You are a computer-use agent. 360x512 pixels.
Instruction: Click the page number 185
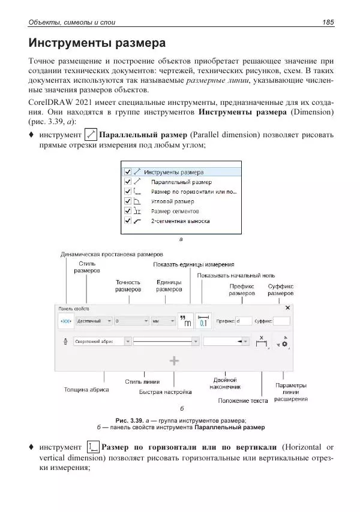coord(328,23)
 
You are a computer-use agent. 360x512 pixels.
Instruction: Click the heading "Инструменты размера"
coord(97,44)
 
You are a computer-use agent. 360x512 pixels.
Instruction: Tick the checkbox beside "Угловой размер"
coord(127,201)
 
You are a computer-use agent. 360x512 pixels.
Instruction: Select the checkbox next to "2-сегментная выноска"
coord(127,221)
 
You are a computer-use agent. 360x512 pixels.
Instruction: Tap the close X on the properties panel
coord(287,308)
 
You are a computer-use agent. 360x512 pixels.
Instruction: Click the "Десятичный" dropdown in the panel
coord(95,321)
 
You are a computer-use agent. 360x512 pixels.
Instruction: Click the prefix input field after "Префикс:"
coord(244,321)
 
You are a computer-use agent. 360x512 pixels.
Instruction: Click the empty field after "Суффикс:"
coord(281,321)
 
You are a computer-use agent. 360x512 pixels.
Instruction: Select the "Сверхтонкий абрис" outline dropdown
coord(102,341)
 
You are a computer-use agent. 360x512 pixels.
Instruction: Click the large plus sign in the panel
coord(174,361)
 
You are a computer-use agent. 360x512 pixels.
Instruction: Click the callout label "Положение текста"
coord(242,400)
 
